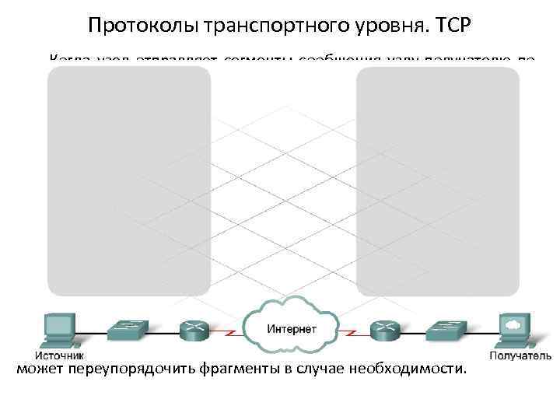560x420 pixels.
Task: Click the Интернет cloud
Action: click(x=292, y=327)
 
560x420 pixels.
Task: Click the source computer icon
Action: click(x=58, y=329)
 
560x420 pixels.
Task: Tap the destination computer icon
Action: click(x=513, y=330)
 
